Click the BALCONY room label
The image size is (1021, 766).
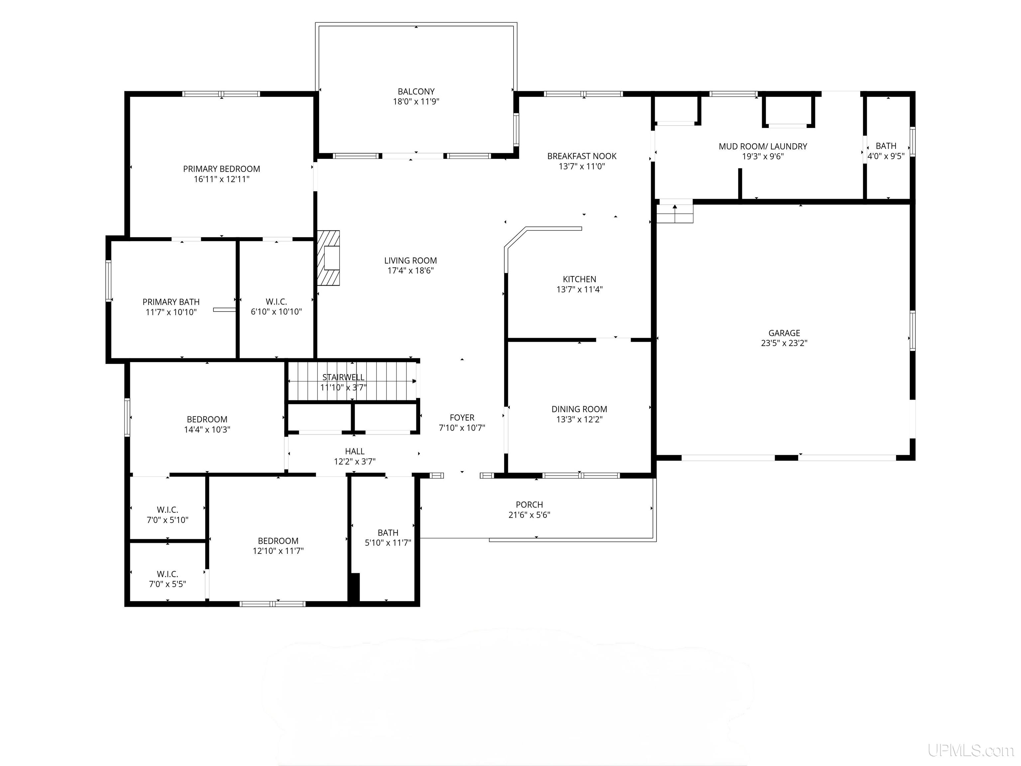pos(416,91)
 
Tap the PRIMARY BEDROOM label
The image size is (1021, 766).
pos(222,169)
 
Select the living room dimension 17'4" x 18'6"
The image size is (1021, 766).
pos(410,271)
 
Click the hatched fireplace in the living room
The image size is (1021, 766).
pos(328,258)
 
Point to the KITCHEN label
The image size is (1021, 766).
pos(579,279)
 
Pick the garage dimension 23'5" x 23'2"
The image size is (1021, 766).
pos(784,343)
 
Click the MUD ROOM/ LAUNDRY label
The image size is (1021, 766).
pos(763,146)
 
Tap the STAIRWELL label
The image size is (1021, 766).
pos(343,377)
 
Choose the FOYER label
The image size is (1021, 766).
pos(462,417)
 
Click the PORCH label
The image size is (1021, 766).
pos(529,505)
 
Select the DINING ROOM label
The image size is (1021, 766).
pos(579,409)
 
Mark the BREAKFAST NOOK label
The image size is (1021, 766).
pos(582,156)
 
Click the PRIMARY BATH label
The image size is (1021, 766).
pos(171,302)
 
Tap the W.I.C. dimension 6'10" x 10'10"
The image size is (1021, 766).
pos(277,312)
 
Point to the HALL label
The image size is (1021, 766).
pos(355,451)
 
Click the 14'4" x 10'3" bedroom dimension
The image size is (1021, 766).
pos(207,430)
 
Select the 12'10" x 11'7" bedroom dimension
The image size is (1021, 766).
pos(278,551)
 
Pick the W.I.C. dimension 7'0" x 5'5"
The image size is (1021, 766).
pos(168,584)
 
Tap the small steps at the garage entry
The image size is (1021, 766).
pos(675,213)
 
